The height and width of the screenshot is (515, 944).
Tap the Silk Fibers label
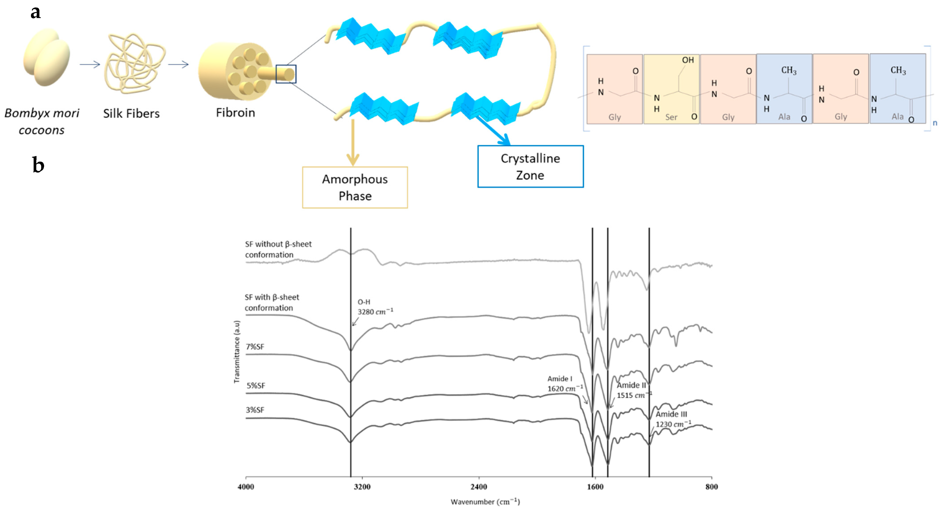point(131,113)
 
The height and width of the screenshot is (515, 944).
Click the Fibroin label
point(235,112)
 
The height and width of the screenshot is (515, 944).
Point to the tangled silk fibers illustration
point(134,63)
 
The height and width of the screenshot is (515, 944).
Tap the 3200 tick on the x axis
point(362,487)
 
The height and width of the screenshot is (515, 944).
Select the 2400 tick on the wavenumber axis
point(479,487)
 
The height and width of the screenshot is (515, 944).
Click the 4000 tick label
point(246,487)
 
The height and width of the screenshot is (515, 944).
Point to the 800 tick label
point(711,487)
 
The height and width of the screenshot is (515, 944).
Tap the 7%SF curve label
point(255,347)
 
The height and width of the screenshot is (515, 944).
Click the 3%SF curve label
point(255,410)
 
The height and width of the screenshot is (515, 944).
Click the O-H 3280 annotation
point(374,307)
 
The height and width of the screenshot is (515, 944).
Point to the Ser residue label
point(671,117)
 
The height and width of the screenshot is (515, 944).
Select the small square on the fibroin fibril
point(286,74)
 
